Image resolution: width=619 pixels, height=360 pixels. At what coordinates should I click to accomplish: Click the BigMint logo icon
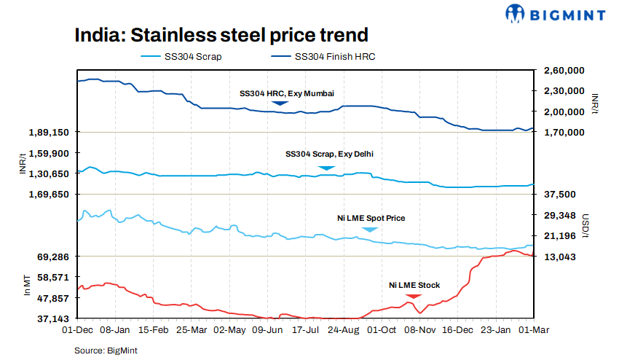pos(516,12)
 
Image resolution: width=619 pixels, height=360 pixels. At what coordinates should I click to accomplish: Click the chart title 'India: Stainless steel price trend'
pos(221,34)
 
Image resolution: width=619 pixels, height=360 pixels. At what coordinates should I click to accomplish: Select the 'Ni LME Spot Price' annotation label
pos(371,218)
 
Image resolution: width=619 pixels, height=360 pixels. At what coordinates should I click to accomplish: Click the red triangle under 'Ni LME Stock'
pos(413,295)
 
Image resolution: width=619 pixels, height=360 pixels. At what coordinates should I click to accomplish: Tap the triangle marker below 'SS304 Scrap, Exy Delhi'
pos(327,168)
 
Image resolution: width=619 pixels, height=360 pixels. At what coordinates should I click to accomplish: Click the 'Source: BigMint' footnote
pos(106,351)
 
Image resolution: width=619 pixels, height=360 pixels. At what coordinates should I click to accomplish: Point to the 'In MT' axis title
pos(27,286)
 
